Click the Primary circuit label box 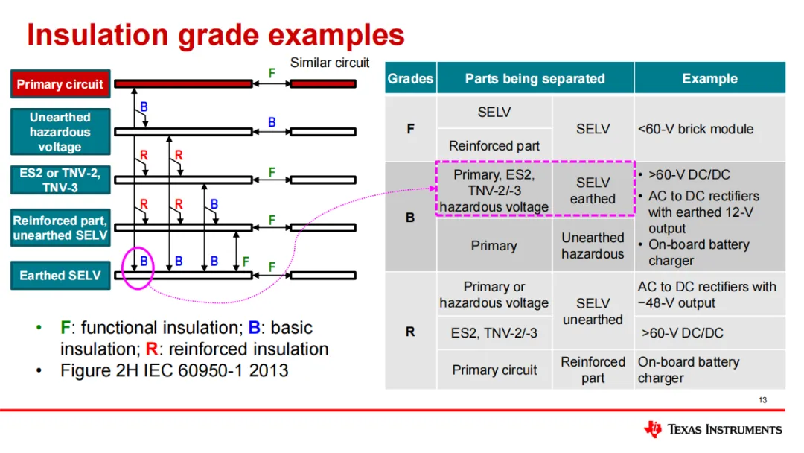[60, 84]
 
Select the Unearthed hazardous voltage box [60, 132]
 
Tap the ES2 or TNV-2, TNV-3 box [60, 180]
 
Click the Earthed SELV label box [60, 275]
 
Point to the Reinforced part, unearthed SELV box [60, 228]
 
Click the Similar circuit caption [330, 63]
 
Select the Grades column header [410, 78]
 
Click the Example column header [709, 78]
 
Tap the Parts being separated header [535, 78]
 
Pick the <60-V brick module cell [695, 129]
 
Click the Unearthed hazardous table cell [593, 246]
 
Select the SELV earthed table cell [593, 191]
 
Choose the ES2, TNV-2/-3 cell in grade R [494, 333]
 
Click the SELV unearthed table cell [593, 311]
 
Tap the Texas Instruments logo [712, 429]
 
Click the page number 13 [762, 400]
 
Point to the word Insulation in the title [95, 35]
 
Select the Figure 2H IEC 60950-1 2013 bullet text [174, 370]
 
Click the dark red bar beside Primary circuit [183, 83]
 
